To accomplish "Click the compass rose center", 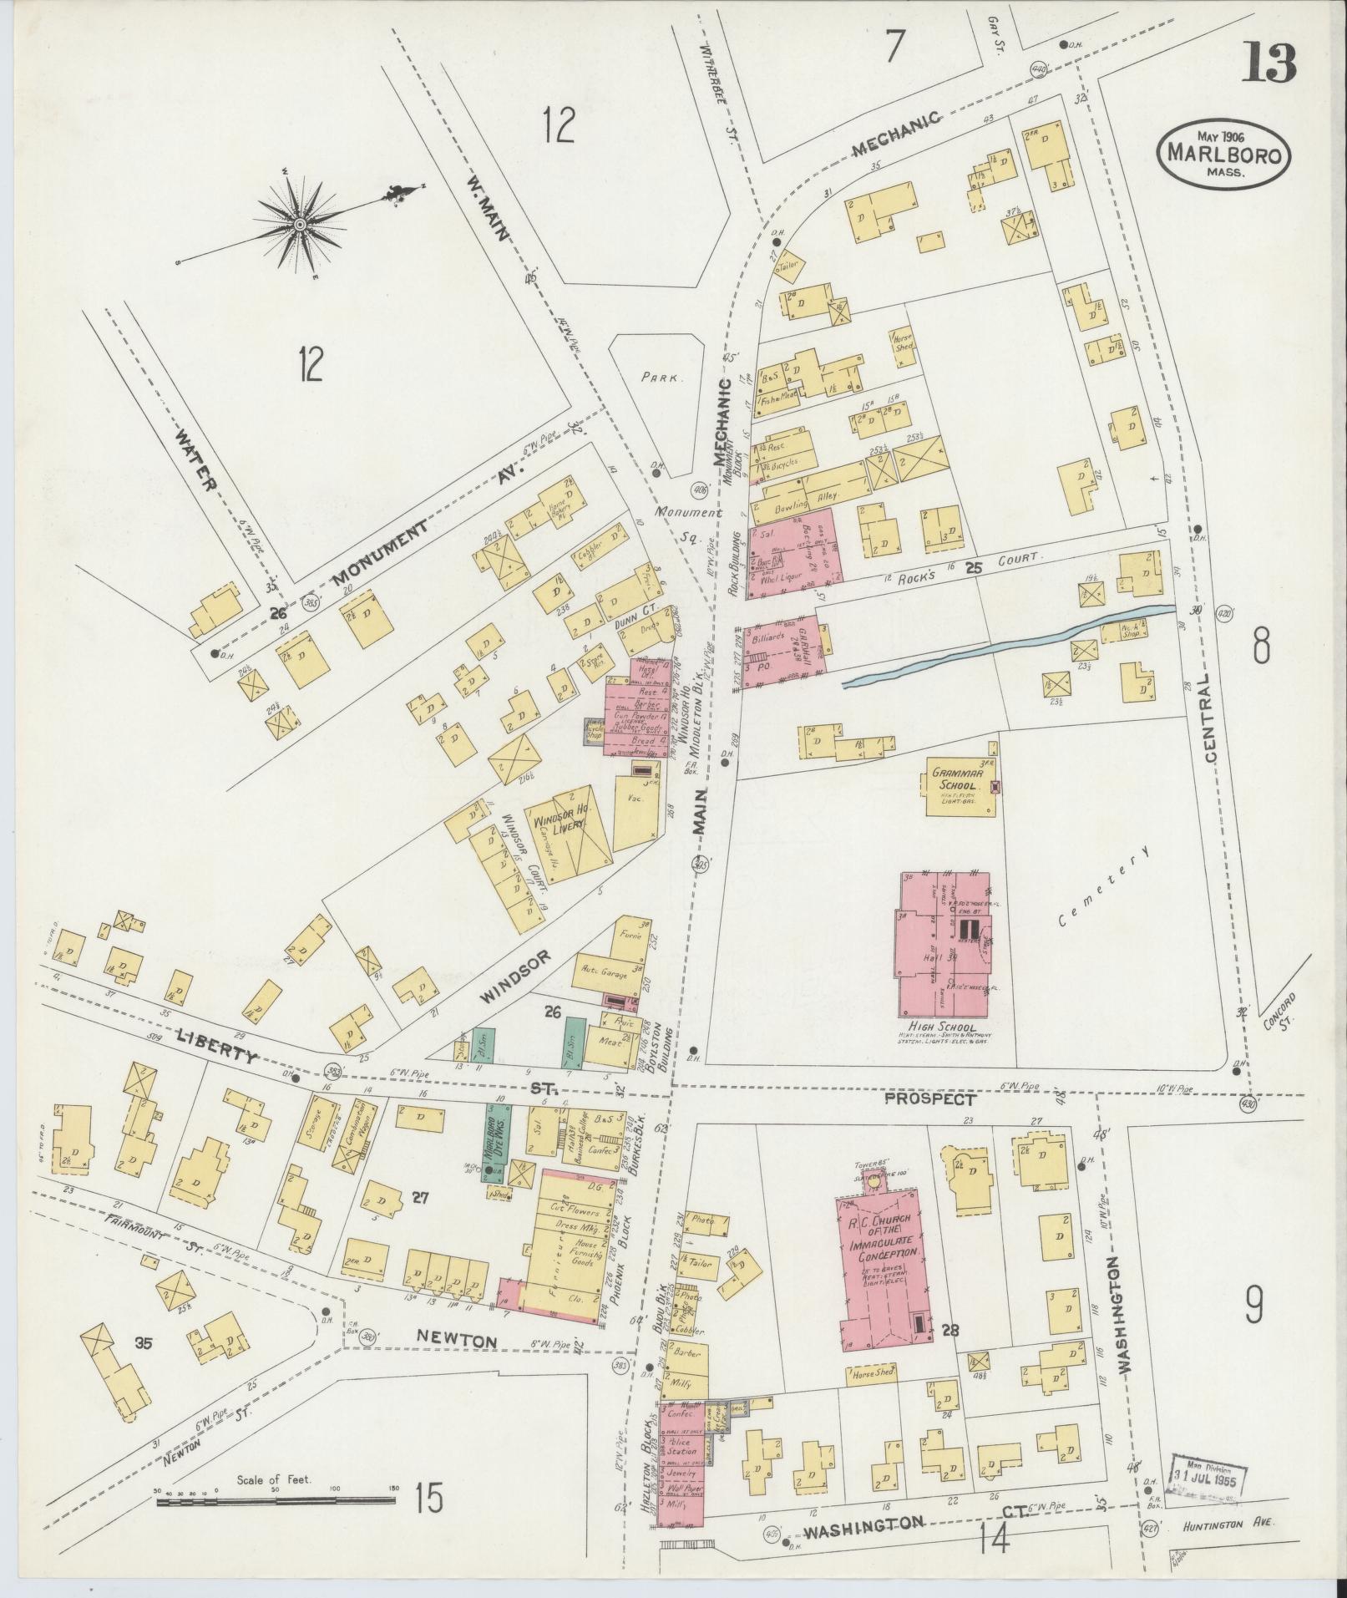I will pos(299,225).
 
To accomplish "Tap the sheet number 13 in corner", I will pos(1268,63).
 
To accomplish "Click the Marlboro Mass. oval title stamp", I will pos(1223,155).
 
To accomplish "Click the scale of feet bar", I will pos(276,1501).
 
